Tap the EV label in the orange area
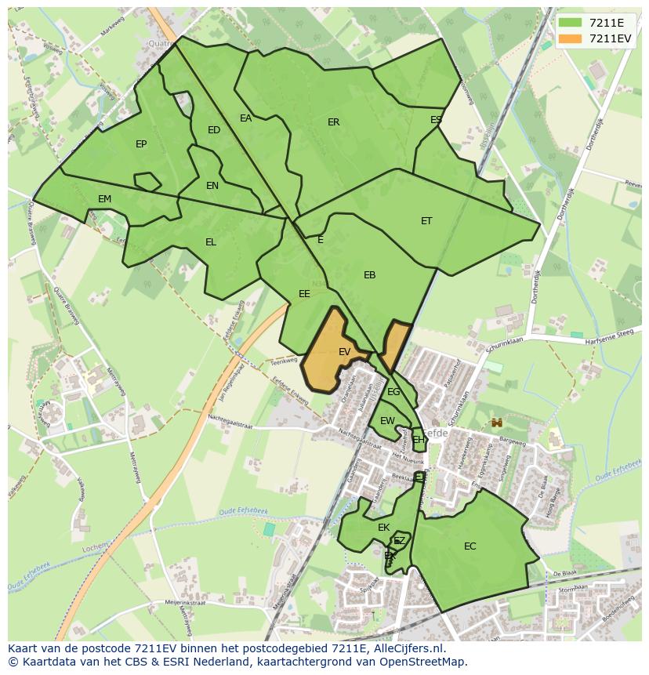click(344, 352)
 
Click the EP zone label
click(141, 143)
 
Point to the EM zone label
click(105, 199)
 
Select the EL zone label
click(211, 242)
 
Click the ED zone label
click(214, 130)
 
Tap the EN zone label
click(212, 186)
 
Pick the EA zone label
click(246, 118)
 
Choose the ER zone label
click(334, 122)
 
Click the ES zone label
click(436, 120)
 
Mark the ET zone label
click(426, 221)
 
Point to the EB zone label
click(370, 275)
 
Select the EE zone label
click(304, 294)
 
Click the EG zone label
click(393, 392)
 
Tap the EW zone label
click(387, 421)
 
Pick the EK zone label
click(383, 528)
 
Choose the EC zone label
click(470, 546)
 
